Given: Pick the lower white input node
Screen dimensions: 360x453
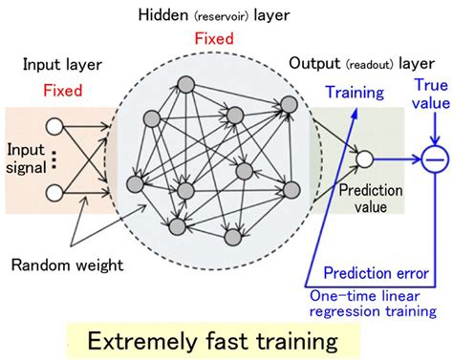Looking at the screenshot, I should pos(54,192).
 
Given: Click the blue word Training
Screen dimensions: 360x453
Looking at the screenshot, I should pos(355,93).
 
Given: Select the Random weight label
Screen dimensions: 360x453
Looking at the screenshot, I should pos(65,262).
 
